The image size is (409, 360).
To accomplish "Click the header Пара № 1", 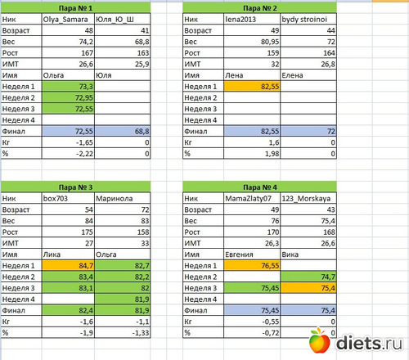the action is [x=75, y=8].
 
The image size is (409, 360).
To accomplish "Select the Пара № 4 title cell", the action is [x=259, y=187].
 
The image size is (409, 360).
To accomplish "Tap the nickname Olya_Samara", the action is [x=65, y=20].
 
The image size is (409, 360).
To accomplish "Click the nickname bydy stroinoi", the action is [x=304, y=20].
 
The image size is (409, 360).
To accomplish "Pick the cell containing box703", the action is [x=68, y=198].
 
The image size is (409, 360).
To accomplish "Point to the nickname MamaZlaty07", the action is [x=248, y=198].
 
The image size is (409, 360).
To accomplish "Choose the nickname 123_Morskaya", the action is [x=306, y=198].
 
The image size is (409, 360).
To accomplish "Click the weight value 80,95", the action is [x=270, y=42].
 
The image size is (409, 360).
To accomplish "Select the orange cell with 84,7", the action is [x=68, y=265].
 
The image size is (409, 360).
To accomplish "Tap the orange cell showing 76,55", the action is [x=252, y=265].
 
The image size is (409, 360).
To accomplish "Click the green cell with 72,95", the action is [x=68, y=97].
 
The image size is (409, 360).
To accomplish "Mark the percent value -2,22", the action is [x=84, y=154].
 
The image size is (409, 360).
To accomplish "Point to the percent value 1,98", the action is [x=272, y=154].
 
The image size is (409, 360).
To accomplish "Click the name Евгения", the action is [x=239, y=254].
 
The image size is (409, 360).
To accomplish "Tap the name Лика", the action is [x=52, y=254].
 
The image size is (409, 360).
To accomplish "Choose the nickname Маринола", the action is [x=115, y=198].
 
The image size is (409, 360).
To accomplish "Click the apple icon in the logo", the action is [x=319, y=340].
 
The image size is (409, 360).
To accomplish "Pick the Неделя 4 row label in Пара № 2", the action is [x=200, y=120].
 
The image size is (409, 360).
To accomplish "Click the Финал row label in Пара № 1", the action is [x=13, y=131].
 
